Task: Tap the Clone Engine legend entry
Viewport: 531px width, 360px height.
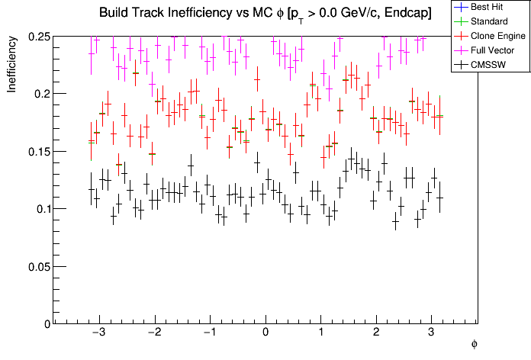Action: (x=496, y=35)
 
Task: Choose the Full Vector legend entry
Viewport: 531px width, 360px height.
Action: (x=492, y=50)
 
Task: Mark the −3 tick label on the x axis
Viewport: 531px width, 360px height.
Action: (x=98, y=334)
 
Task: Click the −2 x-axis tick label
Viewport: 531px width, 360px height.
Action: (x=153, y=334)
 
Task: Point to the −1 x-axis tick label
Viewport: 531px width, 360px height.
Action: (x=209, y=334)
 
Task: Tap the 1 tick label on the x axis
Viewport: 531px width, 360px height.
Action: (x=321, y=334)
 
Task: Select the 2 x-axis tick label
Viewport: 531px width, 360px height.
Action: (x=376, y=334)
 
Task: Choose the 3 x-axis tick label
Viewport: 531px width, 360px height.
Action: (x=432, y=334)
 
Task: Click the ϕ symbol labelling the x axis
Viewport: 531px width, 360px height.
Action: (x=474, y=345)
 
